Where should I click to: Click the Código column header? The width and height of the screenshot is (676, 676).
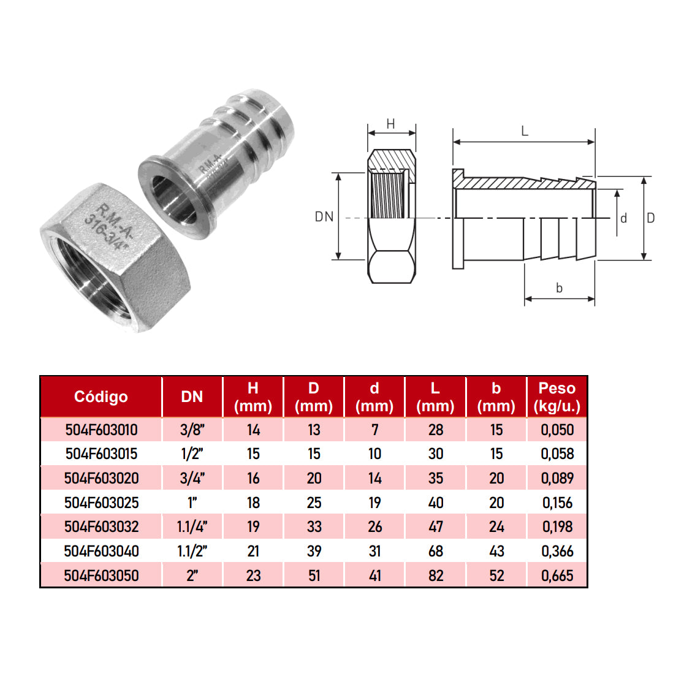[101, 397]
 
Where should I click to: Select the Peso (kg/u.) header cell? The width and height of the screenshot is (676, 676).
[557, 397]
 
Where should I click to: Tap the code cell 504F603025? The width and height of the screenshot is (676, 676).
[101, 503]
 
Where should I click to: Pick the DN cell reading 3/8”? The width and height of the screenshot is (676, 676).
[192, 430]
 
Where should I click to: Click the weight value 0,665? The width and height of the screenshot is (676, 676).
[557, 575]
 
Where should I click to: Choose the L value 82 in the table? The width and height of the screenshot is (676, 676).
[436, 575]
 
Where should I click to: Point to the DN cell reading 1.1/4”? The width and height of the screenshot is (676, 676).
[192, 526]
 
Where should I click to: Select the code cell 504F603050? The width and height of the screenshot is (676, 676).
[101, 575]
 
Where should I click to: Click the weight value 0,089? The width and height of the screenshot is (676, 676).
[557, 478]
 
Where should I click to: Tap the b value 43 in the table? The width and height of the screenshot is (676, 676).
[496, 551]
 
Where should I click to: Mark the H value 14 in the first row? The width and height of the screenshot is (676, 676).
[253, 430]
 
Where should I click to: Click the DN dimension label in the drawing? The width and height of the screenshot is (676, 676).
[324, 216]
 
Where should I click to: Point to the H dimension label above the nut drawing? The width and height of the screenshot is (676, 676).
[391, 124]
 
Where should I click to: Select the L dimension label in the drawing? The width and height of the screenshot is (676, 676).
[525, 131]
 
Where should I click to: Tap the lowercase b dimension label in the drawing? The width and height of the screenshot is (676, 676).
[559, 287]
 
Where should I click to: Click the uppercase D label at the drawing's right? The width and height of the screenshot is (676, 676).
[651, 218]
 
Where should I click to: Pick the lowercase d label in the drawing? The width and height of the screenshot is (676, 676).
[624, 218]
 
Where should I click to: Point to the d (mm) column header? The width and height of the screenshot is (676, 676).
[374, 397]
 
